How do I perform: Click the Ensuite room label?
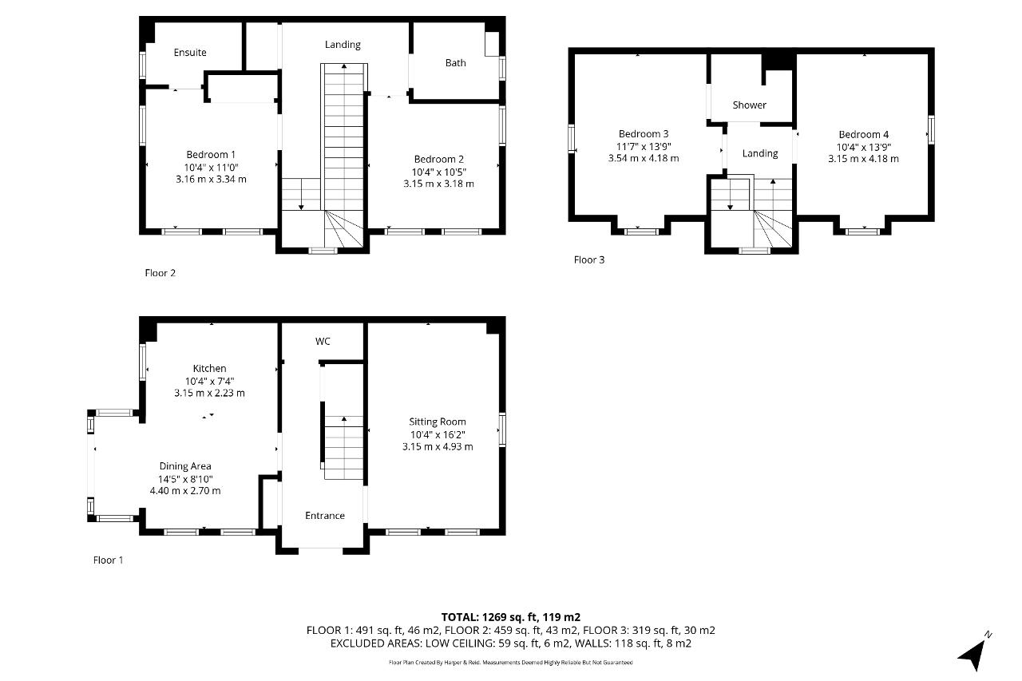click(190, 53)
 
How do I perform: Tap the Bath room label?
click(455, 63)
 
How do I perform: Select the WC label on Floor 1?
click(323, 341)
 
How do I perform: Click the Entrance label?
click(325, 516)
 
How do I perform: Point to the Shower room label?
click(749, 105)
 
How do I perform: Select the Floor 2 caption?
click(160, 273)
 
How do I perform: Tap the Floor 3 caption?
click(589, 260)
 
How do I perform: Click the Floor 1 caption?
click(108, 560)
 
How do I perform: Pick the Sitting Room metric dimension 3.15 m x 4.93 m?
click(438, 446)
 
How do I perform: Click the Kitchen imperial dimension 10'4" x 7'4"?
click(209, 382)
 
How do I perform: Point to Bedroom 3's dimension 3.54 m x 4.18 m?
click(644, 158)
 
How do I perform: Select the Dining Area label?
click(185, 466)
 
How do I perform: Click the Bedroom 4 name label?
click(864, 135)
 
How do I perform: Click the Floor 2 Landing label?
click(343, 45)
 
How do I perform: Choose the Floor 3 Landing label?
click(760, 154)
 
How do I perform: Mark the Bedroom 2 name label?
click(439, 159)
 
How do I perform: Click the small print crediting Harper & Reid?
click(510, 663)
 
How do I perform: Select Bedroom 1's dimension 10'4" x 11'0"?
click(212, 168)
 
